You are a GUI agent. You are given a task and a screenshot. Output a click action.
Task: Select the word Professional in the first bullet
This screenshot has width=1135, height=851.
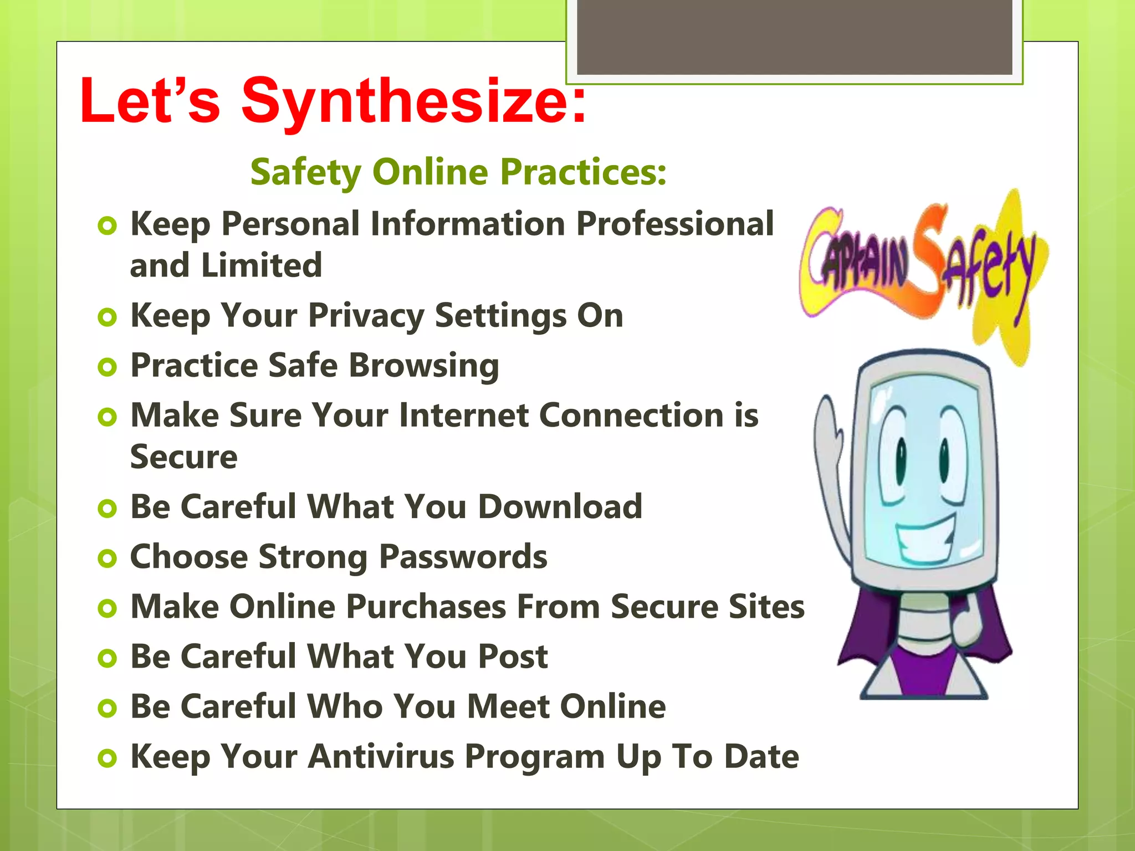674,224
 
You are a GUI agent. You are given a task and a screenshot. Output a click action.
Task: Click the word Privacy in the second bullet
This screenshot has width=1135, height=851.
366,316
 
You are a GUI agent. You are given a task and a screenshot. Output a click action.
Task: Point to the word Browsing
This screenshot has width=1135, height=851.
424,366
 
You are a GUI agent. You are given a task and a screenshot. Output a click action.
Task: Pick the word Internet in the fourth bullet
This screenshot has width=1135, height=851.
463,416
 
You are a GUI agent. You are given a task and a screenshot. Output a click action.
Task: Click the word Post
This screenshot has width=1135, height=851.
513,657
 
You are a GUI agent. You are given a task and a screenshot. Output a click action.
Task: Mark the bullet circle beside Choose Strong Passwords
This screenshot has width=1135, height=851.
107,558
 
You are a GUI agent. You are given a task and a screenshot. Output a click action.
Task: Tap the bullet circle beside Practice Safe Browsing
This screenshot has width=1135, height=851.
107,367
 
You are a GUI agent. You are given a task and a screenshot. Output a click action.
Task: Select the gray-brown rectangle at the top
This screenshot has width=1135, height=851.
795,37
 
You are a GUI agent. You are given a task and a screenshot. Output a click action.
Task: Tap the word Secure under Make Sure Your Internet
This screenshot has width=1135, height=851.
184,457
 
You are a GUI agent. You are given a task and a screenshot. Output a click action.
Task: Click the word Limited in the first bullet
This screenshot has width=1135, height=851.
261,265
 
